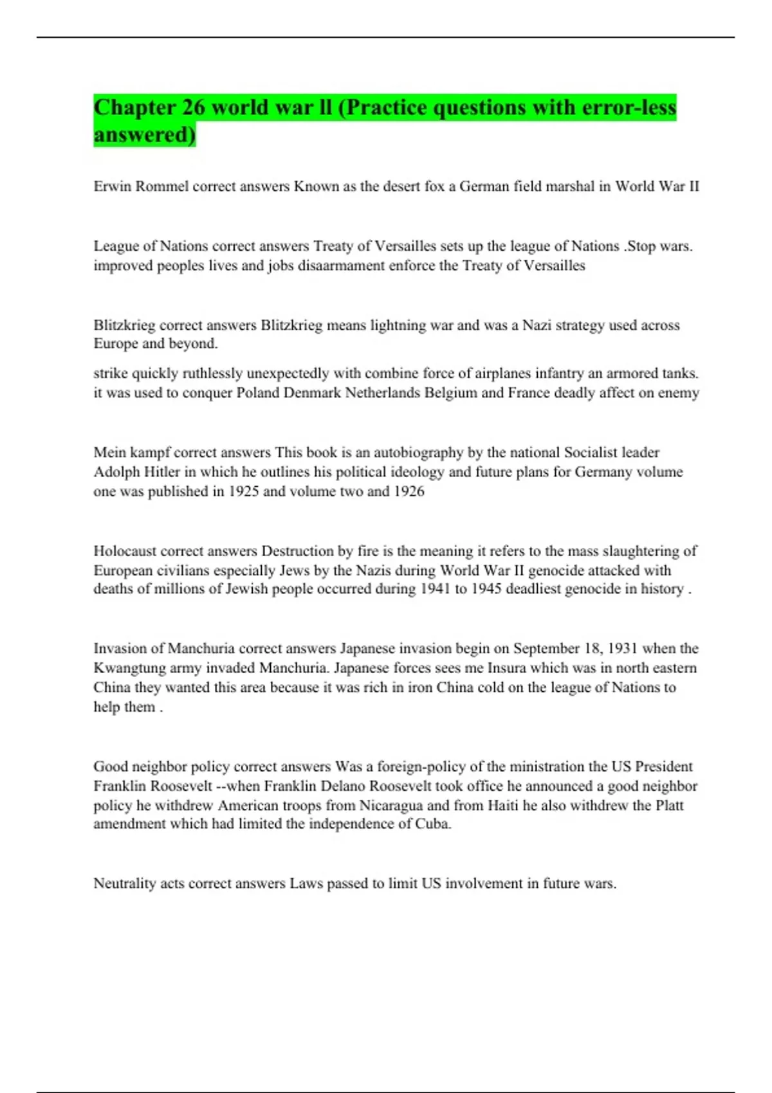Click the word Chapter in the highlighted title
pos(134,107)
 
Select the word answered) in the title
pos(145,135)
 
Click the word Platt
pos(669,806)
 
